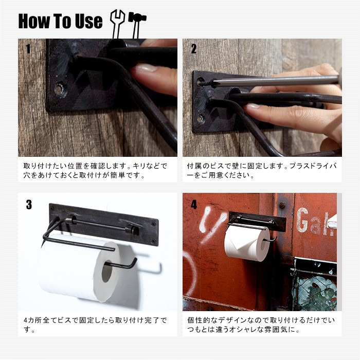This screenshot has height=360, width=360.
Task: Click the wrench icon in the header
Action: tap(117, 24)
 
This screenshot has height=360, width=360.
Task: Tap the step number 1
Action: tap(28, 49)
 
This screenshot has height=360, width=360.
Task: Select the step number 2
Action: tap(193, 49)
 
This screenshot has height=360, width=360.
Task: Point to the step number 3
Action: tap(29, 205)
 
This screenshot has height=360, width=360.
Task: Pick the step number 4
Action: tap(194, 205)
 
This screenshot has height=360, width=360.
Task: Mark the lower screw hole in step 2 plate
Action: tap(201, 119)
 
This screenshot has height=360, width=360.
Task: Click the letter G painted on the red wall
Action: tap(302, 220)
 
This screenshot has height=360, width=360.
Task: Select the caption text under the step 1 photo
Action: tap(96, 170)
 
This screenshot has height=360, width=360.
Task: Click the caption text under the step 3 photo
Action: tap(96, 325)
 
